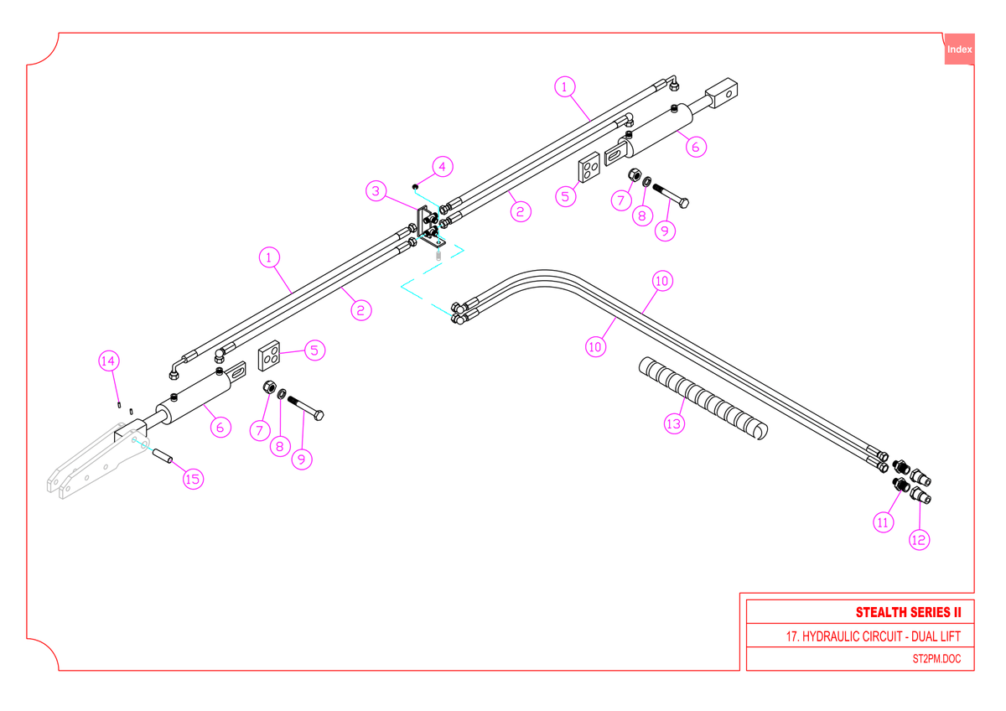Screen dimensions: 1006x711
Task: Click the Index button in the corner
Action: [x=959, y=49]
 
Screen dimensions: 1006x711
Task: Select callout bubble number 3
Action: [x=376, y=191]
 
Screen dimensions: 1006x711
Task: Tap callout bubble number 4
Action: [x=443, y=167]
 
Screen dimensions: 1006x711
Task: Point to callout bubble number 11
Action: [x=884, y=522]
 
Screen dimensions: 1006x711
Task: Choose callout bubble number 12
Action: [x=920, y=540]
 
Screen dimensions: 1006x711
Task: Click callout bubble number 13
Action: [x=675, y=424]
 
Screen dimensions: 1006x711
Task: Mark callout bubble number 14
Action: [x=109, y=361]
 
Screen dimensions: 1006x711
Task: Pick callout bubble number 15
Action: [x=194, y=480]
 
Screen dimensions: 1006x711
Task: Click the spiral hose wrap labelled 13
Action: [x=703, y=398]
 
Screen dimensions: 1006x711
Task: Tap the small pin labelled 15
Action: [x=163, y=455]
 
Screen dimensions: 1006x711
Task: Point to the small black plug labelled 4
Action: [x=416, y=187]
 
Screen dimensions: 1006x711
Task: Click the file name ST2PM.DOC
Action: [x=937, y=659]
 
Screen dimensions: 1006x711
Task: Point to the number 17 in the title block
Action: [x=791, y=636]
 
